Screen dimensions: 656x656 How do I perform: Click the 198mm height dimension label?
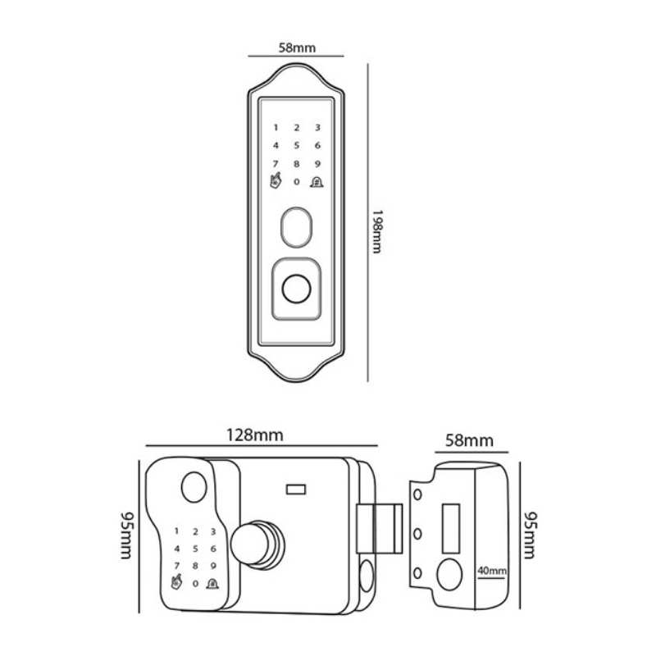[x=377, y=231]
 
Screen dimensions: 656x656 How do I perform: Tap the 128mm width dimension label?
[x=255, y=435]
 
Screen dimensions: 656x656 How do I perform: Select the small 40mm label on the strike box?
[x=492, y=570]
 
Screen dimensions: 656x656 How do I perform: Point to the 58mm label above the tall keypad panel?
[x=297, y=48]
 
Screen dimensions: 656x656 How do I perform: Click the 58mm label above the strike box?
[x=469, y=440]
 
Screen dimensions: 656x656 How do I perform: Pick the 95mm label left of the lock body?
[x=126, y=535]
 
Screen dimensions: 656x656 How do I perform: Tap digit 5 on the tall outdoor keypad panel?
[x=297, y=146]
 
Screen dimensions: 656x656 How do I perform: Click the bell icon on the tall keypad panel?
[x=317, y=181]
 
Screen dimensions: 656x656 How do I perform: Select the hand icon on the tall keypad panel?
[x=276, y=181]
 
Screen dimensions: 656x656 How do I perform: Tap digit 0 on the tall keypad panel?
[x=297, y=182]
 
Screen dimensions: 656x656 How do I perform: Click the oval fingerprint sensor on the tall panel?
[x=296, y=227]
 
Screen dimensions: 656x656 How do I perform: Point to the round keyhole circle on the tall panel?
[x=296, y=289]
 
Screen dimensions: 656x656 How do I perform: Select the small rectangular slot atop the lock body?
[x=296, y=489]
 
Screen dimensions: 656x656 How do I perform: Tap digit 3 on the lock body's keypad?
[x=213, y=531]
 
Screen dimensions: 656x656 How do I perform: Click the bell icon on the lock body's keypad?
[x=212, y=583]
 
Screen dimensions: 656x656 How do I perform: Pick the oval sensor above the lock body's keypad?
[x=194, y=487]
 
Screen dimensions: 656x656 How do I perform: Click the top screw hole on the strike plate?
[x=417, y=494]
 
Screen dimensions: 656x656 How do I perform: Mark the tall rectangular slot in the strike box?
[x=451, y=528]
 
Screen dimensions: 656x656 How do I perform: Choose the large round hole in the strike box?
[x=449, y=575]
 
